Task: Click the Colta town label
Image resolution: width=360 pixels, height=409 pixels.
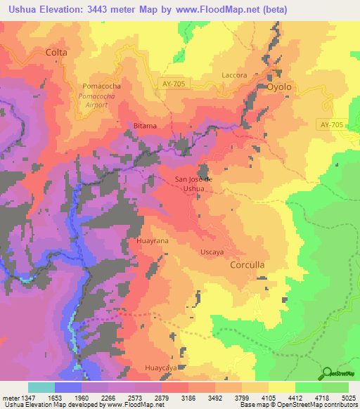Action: pos(56,52)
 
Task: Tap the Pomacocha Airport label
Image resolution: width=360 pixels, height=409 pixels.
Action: pos(93,100)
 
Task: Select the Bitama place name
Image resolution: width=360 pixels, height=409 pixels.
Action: pos(145,126)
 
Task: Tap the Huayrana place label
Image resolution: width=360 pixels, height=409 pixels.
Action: pos(151,240)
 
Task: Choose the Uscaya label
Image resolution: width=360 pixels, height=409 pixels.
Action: pos(212,252)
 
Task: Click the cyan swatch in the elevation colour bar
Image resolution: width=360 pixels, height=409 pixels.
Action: pos(41,387)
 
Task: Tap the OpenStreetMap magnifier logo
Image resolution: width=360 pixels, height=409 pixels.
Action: pos(328,373)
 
